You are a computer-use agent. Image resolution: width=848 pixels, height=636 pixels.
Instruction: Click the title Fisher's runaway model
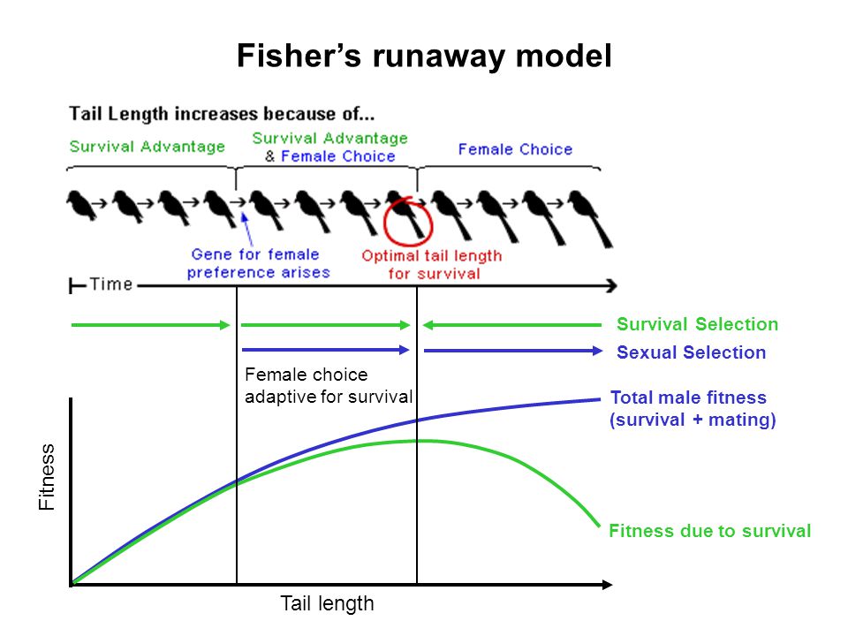(424, 57)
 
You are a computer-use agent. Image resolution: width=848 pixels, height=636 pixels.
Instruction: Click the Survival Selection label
(697, 324)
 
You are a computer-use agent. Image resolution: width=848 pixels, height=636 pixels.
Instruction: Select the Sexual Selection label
(691, 352)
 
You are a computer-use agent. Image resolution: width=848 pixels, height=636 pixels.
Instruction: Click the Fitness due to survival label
(709, 531)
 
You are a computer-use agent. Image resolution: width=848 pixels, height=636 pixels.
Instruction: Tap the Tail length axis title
(327, 604)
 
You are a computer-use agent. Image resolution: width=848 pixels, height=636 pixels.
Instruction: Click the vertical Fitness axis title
(47, 477)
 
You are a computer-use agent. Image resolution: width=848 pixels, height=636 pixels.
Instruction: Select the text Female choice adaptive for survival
(328, 385)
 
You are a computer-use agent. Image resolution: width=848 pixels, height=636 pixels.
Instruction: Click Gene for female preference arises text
(258, 263)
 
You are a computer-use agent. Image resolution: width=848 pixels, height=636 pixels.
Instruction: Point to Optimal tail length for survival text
(431, 264)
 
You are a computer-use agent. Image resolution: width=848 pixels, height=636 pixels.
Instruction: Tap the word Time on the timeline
(110, 284)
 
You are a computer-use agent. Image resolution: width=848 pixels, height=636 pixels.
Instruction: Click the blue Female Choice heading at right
(514, 149)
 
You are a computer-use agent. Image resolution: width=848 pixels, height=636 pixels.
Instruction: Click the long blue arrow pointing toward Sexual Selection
(512, 352)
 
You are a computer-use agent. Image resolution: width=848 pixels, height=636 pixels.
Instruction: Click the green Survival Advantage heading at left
(147, 147)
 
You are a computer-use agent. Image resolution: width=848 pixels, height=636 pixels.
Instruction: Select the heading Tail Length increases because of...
(222, 114)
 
